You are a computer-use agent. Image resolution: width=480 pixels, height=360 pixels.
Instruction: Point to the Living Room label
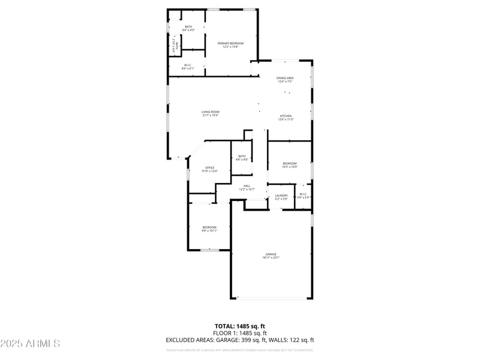click(210, 113)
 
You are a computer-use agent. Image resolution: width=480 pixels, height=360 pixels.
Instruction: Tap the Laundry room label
click(281, 196)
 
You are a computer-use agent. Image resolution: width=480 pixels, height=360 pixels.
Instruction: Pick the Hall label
click(247, 187)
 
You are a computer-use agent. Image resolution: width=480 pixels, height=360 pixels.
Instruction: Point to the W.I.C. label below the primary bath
click(188, 67)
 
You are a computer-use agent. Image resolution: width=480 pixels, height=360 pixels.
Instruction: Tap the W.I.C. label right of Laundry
click(303, 195)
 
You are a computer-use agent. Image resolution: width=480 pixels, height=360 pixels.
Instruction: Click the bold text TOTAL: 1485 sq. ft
click(239, 326)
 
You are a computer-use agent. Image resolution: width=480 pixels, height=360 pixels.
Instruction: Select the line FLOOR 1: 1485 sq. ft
click(239, 333)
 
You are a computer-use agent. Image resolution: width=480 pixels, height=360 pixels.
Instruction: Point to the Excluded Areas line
click(239, 340)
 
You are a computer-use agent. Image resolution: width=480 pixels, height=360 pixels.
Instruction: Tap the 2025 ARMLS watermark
click(30, 343)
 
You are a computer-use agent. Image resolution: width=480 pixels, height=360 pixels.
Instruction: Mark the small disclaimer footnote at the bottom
click(239, 349)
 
